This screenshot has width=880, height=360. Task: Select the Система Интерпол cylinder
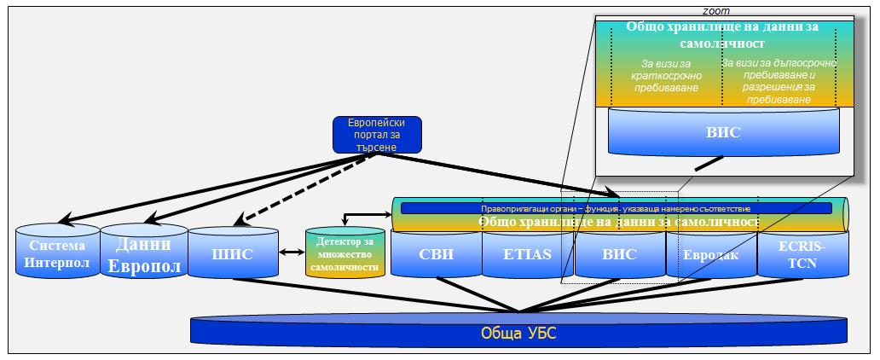click(56, 254)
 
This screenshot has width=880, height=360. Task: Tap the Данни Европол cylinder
click(144, 254)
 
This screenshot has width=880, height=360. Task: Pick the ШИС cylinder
click(233, 253)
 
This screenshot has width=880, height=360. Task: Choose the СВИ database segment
click(436, 253)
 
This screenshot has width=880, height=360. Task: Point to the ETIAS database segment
click(529, 253)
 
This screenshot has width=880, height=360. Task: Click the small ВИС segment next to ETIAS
click(619, 253)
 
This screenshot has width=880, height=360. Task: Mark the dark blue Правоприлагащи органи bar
click(616, 207)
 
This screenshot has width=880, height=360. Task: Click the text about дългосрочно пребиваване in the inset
click(779, 81)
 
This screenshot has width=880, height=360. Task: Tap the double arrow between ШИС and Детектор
click(292, 253)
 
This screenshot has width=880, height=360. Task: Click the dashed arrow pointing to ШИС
click(282, 189)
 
